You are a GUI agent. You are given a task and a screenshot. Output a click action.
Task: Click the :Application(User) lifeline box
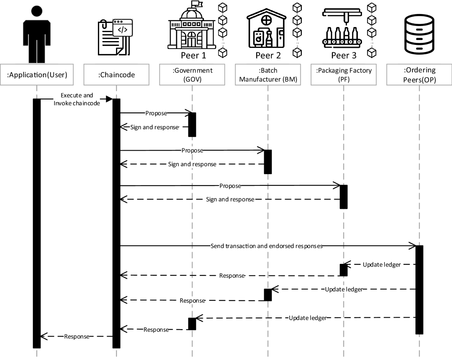pos(37,75)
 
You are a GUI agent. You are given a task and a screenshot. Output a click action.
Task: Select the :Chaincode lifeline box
pos(116,75)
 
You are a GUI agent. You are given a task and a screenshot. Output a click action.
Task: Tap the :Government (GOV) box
pos(192,75)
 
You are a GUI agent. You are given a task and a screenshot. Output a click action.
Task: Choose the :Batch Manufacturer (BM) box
pos(268,75)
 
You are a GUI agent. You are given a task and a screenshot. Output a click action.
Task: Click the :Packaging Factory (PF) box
pos(344,75)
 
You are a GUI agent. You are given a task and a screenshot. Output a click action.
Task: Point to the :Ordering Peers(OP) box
pos(419,75)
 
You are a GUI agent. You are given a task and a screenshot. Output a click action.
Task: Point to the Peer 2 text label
pos(268,56)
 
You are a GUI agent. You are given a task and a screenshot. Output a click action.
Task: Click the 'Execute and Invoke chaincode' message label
pos(77,100)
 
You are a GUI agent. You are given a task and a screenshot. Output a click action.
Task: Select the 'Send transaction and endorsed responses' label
pos(267,246)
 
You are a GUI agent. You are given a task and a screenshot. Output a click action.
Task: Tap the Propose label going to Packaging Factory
pos(230,186)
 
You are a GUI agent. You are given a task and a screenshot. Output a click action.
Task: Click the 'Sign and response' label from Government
pos(154,127)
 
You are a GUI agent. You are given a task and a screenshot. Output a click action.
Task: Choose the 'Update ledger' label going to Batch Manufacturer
pos(344,290)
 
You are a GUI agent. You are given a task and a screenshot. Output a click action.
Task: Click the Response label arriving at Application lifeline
pos(76,337)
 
